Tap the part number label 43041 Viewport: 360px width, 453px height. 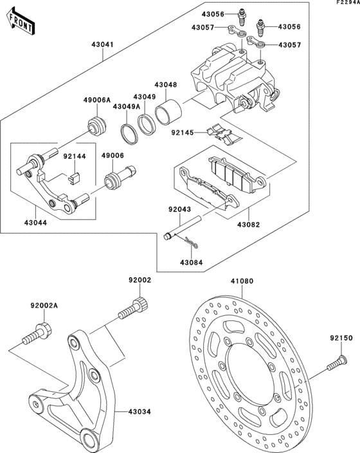pos(103,44)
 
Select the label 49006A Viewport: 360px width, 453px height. pos(97,100)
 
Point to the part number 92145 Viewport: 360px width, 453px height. pos(182,134)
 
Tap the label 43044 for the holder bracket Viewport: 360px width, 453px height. pos(37,221)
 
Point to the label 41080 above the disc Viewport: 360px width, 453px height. pos(242,281)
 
